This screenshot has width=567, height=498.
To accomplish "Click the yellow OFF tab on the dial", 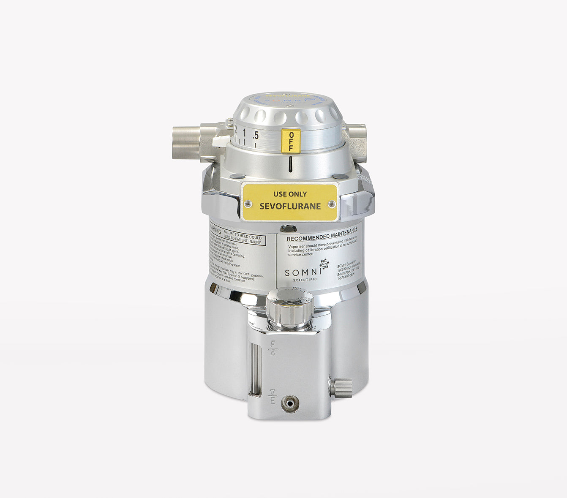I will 291,141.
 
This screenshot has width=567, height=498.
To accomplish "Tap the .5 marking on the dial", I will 255,136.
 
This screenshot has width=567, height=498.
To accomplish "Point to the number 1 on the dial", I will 244,133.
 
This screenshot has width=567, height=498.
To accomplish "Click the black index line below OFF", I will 291,164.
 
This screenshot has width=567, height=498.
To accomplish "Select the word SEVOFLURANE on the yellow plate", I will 290,207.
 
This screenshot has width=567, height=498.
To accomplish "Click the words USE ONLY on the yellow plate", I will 290,194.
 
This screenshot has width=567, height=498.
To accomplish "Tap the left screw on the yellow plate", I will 248,204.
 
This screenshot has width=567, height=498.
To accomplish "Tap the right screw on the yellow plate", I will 332,204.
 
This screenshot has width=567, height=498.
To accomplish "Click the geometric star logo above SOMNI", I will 324,264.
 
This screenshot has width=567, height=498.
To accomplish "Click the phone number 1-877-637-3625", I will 346,278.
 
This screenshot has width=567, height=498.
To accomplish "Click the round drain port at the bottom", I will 290,403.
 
